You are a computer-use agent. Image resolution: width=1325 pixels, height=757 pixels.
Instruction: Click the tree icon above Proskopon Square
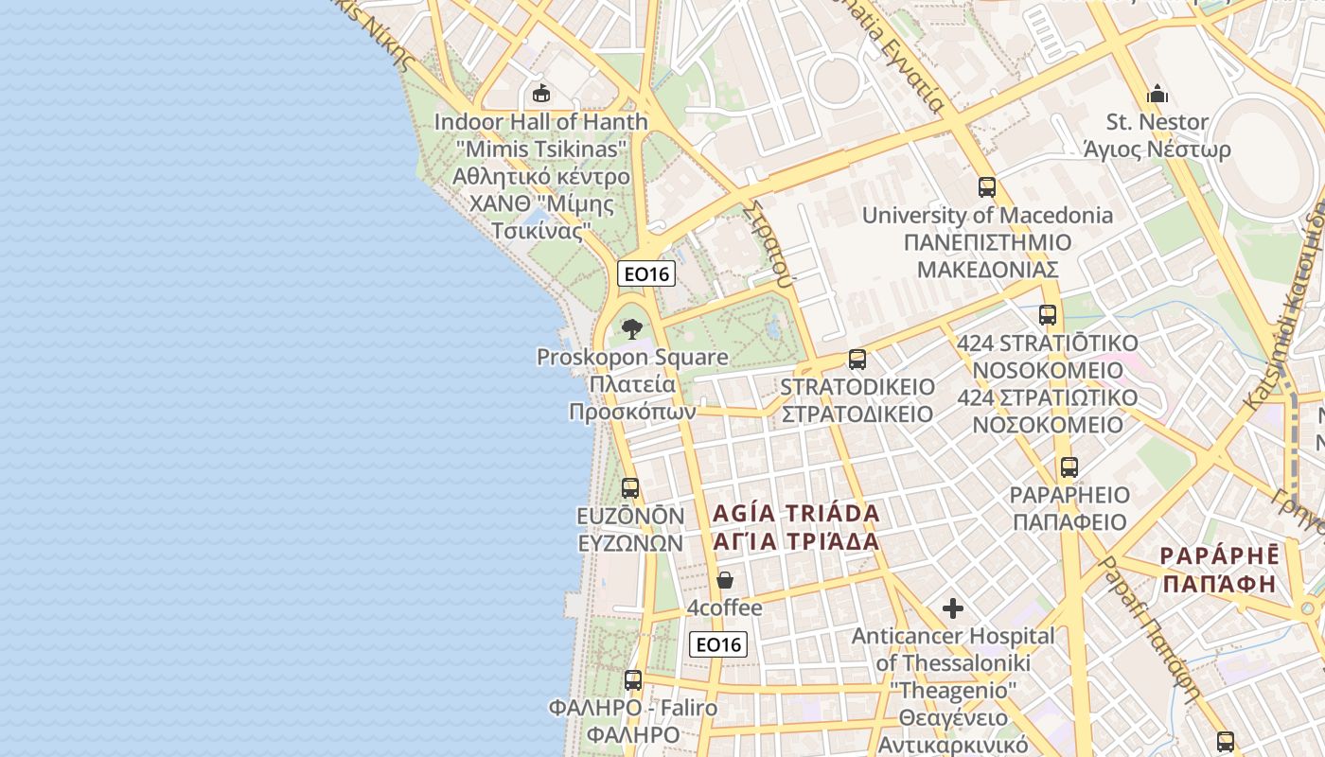point(631,328)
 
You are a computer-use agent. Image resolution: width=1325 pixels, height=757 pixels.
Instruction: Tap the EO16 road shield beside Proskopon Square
point(646,273)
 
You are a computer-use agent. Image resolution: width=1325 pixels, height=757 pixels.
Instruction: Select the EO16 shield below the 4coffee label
point(718,644)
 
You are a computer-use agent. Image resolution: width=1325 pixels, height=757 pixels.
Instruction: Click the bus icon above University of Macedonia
point(987,186)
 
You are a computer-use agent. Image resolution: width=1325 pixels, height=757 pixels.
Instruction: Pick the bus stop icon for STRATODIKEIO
point(857,360)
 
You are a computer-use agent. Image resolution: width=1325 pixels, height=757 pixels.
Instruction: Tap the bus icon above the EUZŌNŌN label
point(630,488)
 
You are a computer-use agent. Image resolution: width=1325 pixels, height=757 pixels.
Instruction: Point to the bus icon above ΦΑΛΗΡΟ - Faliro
point(633,679)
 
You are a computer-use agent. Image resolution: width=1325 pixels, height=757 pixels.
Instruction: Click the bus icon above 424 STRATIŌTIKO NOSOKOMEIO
point(1048,315)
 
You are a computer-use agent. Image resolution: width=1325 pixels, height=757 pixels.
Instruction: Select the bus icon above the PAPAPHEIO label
point(1069,467)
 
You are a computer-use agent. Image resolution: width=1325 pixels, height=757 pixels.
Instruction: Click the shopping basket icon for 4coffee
point(725,579)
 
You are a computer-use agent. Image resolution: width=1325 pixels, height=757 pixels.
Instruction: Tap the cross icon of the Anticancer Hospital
point(953,607)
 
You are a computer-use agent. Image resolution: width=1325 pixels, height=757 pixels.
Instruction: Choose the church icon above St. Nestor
point(1157,94)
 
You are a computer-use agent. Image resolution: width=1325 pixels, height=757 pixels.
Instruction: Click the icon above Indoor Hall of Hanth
point(541,93)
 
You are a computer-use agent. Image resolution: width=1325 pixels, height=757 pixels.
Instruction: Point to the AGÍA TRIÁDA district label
point(796,514)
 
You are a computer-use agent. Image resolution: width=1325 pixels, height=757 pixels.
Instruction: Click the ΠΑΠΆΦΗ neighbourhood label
point(1219,583)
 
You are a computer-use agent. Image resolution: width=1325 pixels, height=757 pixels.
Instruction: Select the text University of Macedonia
point(987,215)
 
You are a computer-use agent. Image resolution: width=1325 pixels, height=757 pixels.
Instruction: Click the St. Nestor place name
point(1157,122)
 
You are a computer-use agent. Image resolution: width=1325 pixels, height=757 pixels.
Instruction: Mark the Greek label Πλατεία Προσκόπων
point(632,398)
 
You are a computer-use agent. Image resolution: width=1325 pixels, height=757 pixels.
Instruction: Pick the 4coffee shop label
point(725,607)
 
